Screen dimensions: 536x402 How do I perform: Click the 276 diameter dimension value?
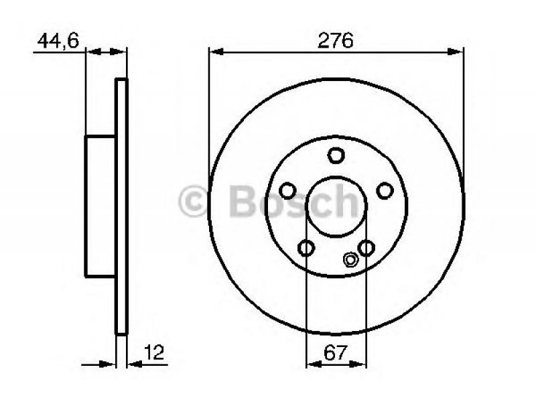coord(336,41)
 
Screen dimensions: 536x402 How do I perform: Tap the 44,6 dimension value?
coord(58,41)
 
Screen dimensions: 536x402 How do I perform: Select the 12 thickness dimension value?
coord(154,352)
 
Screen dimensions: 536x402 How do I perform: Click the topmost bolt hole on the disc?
coord(336,155)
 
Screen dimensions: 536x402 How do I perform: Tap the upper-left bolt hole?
coord(287,191)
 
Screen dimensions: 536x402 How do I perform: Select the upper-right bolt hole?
coord(385,191)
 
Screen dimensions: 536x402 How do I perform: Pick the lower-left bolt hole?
coord(306,248)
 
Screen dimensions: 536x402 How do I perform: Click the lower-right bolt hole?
coord(366,248)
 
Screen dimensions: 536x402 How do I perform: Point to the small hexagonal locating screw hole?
coord(350,260)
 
